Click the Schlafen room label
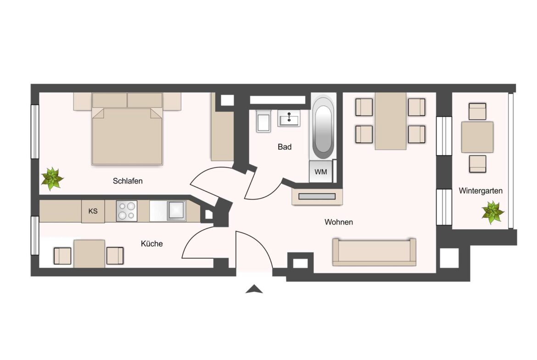tap(128, 181)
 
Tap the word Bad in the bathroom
tap(285, 147)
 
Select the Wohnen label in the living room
tap(339, 222)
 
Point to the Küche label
tap(152, 244)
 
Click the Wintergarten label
tap(481, 191)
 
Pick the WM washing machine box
tap(321, 172)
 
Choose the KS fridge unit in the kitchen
tap(93, 211)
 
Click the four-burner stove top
tap(127, 211)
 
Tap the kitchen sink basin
tap(176, 211)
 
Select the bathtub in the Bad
tap(323, 129)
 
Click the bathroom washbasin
tap(289, 118)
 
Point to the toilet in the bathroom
tap(264, 121)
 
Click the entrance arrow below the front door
tap(254, 289)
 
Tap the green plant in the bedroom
tap(52, 178)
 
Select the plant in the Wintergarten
tap(492, 212)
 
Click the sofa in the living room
tap(375, 252)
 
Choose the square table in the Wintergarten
tap(477, 137)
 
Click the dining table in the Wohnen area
tap(391, 121)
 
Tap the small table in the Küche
tap(89, 254)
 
